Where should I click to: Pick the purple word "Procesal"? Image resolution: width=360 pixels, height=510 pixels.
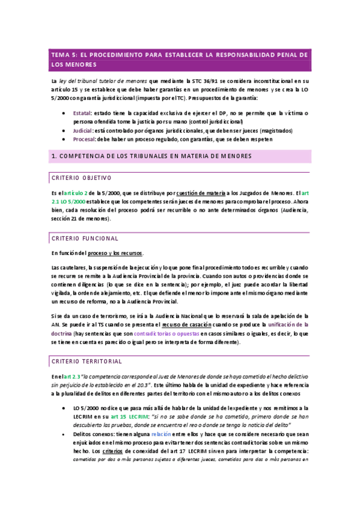tap(84, 140)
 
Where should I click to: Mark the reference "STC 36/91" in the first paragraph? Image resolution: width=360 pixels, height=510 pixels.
tap(204, 80)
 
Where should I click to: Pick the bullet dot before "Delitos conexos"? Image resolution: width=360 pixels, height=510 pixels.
tap(64, 433)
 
